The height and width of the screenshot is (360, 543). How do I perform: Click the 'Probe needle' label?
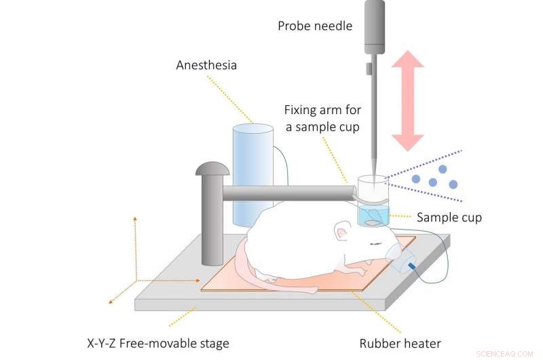tap(315, 26)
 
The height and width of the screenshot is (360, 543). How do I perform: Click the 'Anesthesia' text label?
tap(206, 66)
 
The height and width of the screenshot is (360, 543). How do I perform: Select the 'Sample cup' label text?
tap(449, 217)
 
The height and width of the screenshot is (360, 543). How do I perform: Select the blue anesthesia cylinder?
tap(252, 174)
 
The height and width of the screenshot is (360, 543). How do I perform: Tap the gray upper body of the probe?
tap(375, 27)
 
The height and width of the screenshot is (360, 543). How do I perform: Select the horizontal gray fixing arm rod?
tap(285, 193)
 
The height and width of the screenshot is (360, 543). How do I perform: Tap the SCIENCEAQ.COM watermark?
tap(506, 353)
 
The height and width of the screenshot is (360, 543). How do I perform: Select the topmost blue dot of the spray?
tap(442, 168)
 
